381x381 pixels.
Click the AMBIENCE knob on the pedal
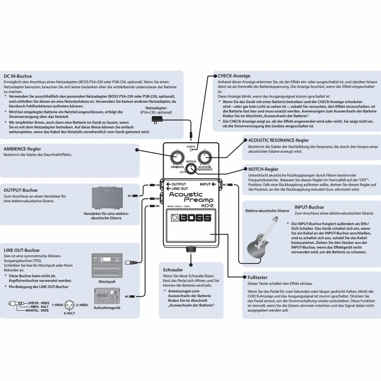click(177, 157)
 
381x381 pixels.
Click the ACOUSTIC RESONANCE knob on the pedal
click(205, 157)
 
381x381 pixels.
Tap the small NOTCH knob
click(191, 169)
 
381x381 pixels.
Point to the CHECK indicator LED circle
click(191, 150)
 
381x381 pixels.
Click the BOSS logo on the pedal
click(191, 218)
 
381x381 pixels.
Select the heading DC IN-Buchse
click(18, 76)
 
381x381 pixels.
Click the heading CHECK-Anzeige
click(234, 76)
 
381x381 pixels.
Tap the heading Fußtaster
click(257, 277)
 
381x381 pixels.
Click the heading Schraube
click(173, 270)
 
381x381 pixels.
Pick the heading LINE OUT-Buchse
click(22, 250)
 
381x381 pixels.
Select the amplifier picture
click(107, 198)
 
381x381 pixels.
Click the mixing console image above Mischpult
click(107, 265)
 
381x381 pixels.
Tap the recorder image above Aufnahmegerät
click(107, 296)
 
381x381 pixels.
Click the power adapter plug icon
click(157, 120)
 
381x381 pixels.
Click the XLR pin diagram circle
click(70, 305)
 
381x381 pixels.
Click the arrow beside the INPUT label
click(214, 184)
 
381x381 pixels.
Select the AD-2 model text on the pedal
click(207, 206)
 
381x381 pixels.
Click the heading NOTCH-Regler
click(263, 169)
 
